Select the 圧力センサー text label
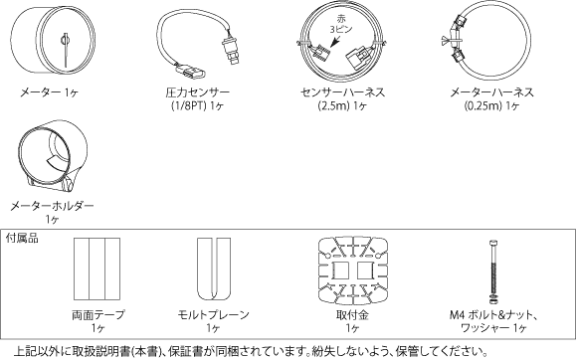coord(196,91)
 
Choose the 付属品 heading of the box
coord(23,239)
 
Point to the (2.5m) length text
coord(332,104)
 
